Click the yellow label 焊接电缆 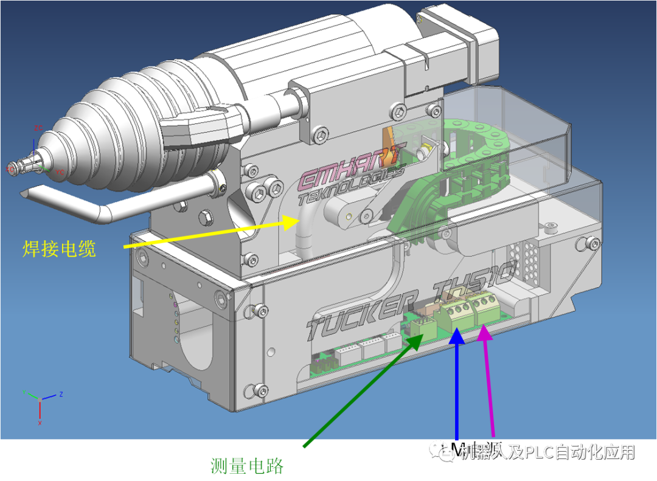pos(59,248)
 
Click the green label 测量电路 pos(246,466)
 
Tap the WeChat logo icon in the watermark pos(442,451)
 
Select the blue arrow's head pos(456,334)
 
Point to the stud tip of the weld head pos(15,167)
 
